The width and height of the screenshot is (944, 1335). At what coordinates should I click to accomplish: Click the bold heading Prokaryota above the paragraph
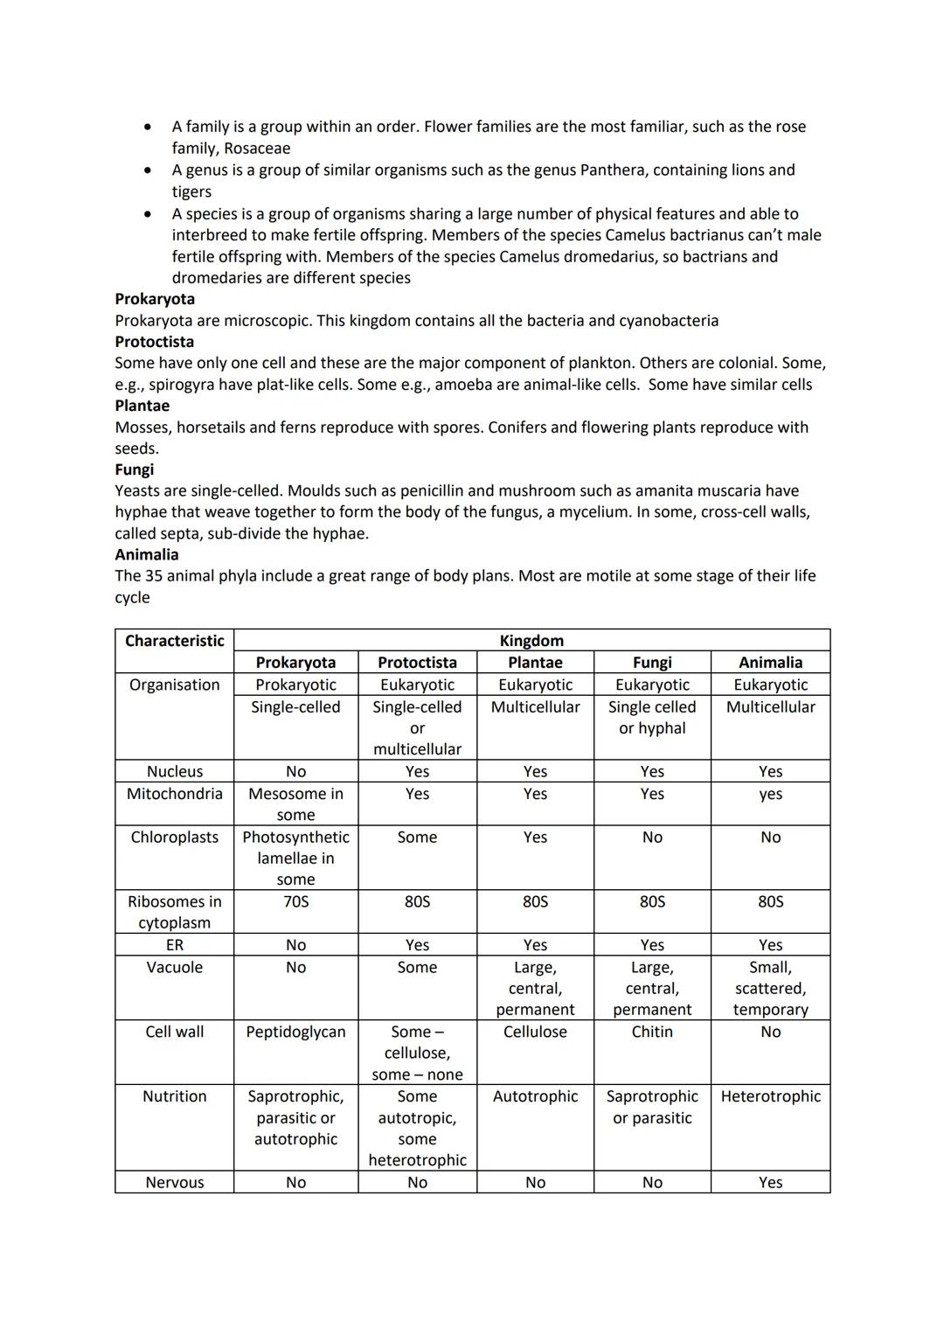click(x=155, y=299)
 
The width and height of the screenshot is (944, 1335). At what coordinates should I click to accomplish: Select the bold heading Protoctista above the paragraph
click(x=155, y=342)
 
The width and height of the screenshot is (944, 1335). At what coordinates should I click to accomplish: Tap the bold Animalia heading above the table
click(x=146, y=554)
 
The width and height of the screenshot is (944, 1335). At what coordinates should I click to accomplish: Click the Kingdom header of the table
click(x=531, y=641)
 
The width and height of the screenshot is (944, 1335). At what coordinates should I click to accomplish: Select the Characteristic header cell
click(x=174, y=641)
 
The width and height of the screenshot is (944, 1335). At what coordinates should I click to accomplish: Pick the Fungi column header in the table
click(x=652, y=663)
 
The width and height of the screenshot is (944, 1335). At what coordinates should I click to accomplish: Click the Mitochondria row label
click(x=174, y=794)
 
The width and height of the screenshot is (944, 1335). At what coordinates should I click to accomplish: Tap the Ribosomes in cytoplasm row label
click(x=174, y=912)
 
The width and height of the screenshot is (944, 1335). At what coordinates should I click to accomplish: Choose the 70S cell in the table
click(x=295, y=901)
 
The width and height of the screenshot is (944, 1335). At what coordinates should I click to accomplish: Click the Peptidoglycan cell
click(x=295, y=1032)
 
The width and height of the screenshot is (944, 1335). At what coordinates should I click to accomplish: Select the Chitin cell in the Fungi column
click(x=652, y=1032)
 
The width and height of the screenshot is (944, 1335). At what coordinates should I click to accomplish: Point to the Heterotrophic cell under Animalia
click(x=770, y=1096)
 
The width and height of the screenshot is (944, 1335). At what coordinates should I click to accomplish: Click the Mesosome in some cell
click(x=295, y=804)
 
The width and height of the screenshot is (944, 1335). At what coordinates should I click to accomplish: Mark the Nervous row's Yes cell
click(x=770, y=1182)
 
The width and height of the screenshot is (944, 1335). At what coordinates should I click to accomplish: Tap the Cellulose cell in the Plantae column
click(x=535, y=1032)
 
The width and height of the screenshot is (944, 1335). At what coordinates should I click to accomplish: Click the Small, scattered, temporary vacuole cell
click(x=770, y=988)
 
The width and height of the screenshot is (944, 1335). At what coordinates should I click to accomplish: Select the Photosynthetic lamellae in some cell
click(x=295, y=858)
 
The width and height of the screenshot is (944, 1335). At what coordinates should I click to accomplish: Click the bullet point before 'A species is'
click(x=149, y=214)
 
